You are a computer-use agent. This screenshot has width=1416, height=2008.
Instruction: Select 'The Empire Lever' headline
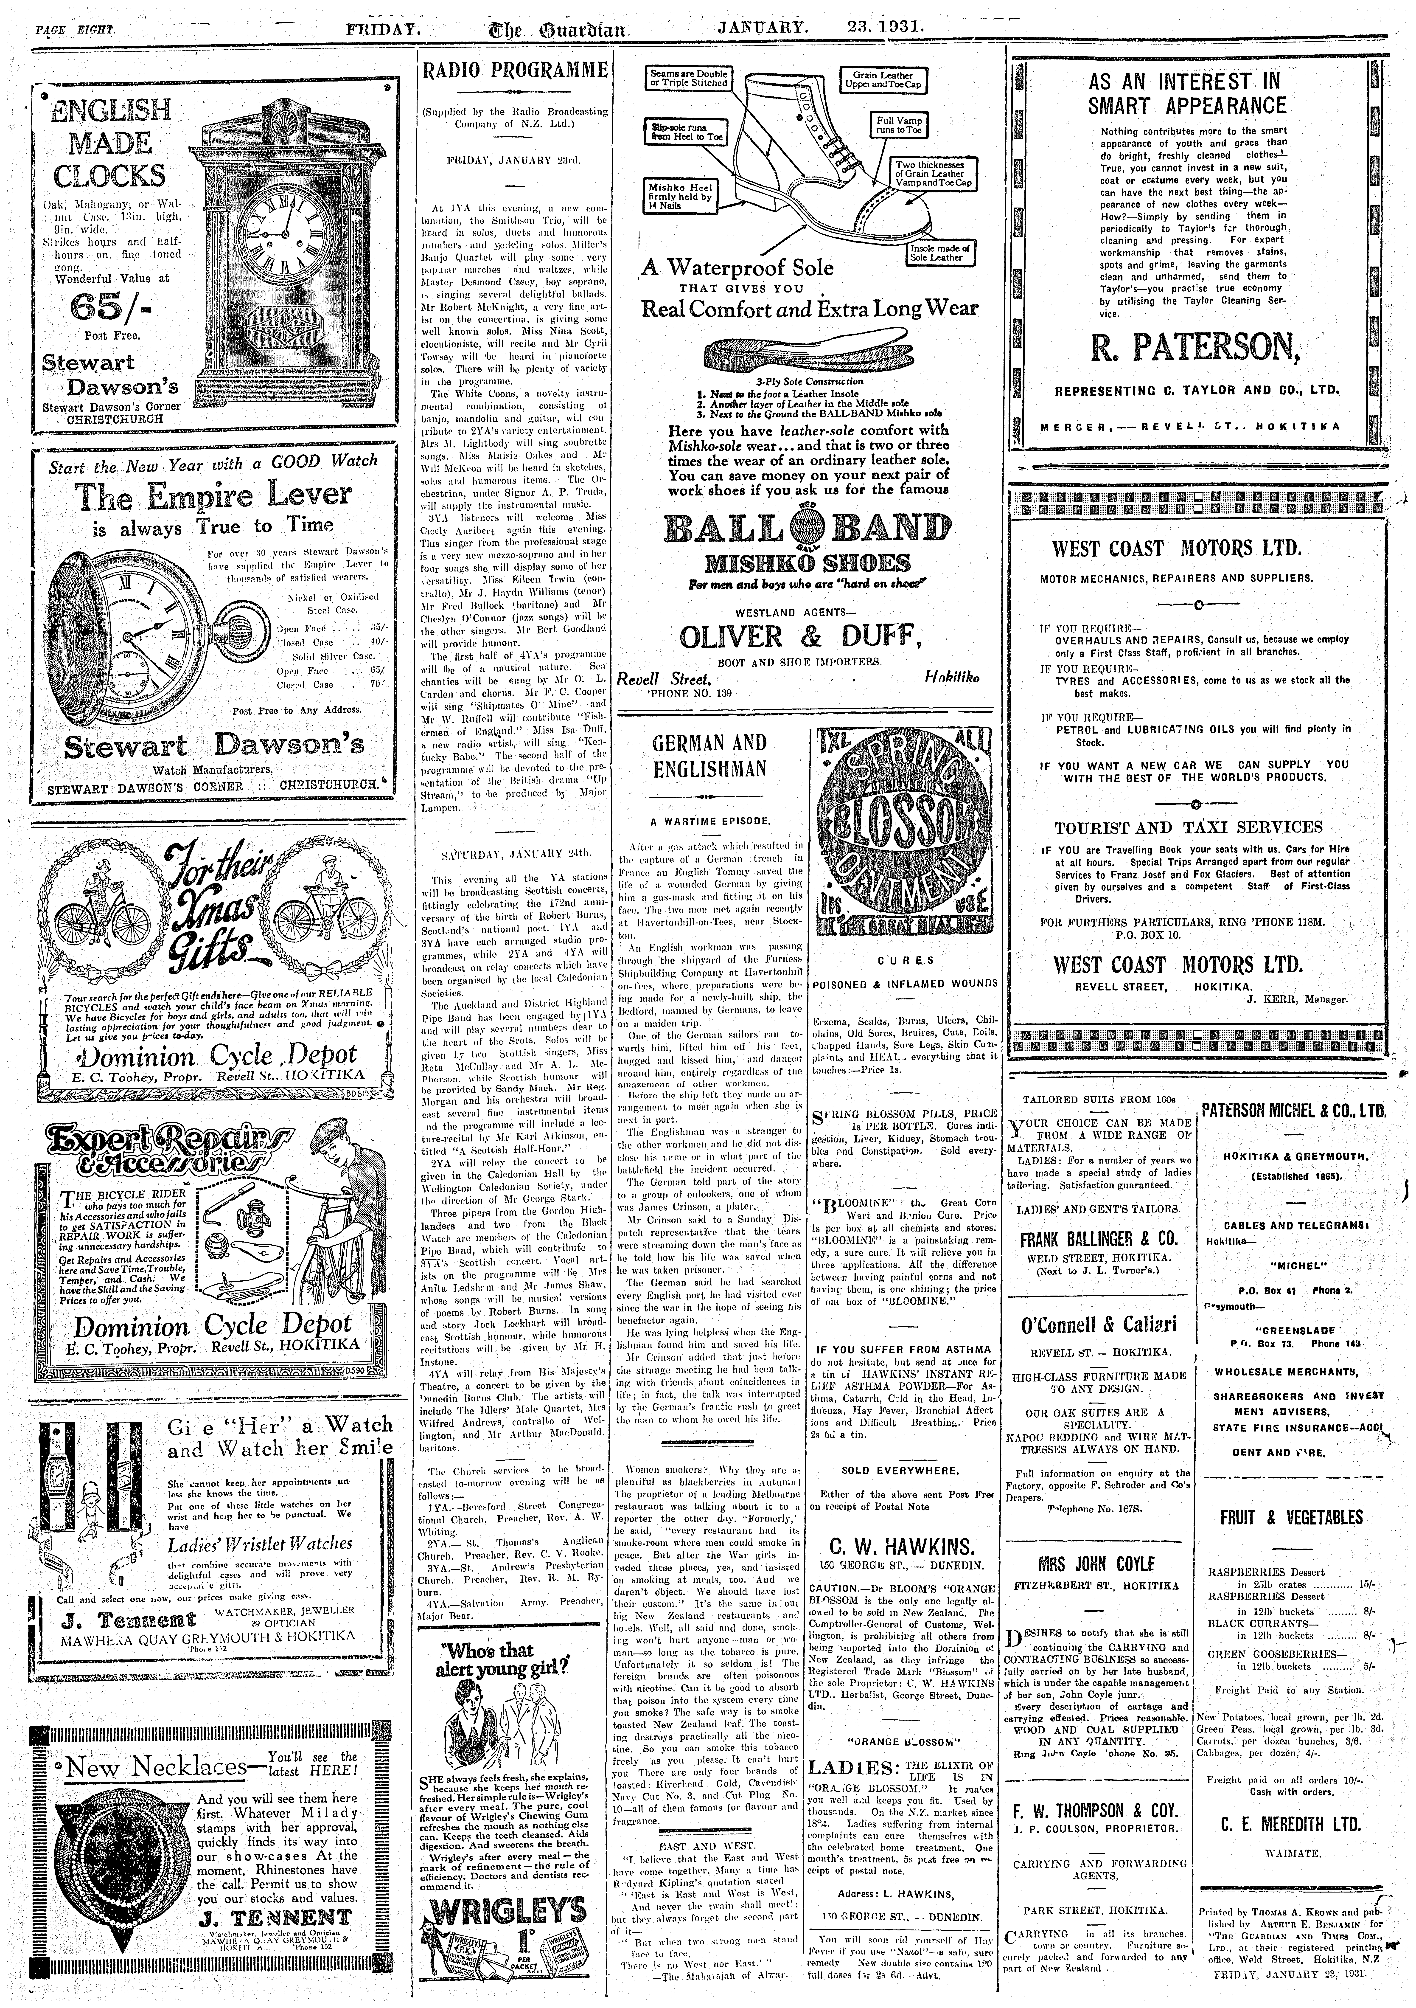click(x=213, y=497)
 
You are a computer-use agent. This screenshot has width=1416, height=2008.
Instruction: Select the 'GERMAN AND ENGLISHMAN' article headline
click(x=709, y=756)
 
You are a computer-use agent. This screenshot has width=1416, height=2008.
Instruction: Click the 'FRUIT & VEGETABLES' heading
click(x=1291, y=1516)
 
